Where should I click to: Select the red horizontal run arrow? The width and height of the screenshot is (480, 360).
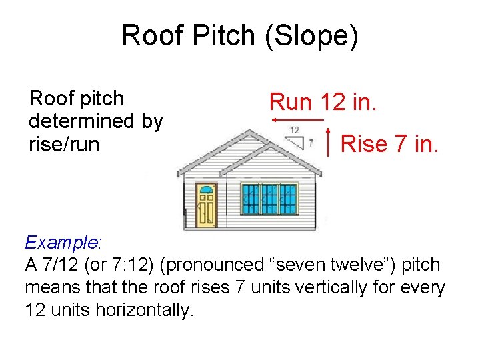[x=297, y=120]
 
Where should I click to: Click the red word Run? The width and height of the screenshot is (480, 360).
[x=291, y=102]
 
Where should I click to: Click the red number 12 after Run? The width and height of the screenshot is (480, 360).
[x=333, y=102]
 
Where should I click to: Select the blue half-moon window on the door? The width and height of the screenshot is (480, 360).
[x=206, y=191]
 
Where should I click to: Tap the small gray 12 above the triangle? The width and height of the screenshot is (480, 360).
[x=294, y=129]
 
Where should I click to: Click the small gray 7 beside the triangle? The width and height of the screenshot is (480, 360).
[x=311, y=143]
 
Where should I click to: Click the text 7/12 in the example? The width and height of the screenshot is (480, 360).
[x=69, y=265]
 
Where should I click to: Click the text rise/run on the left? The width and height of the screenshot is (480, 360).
[x=64, y=143]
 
